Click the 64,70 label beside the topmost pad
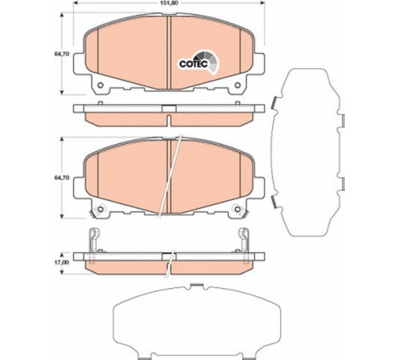pyautogui.click(x=62, y=54)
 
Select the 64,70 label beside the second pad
pyautogui.click(x=62, y=178)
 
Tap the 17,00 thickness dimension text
pyautogui.click(x=62, y=262)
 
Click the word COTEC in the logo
pyautogui.click(x=194, y=64)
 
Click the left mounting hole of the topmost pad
pyautogui.click(x=100, y=86)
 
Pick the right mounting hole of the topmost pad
pyautogui.click(x=238, y=86)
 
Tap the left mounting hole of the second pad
pyautogui.click(x=100, y=210)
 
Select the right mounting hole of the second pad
pyautogui.click(x=238, y=210)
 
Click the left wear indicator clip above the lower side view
pyautogui.click(x=94, y=240)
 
